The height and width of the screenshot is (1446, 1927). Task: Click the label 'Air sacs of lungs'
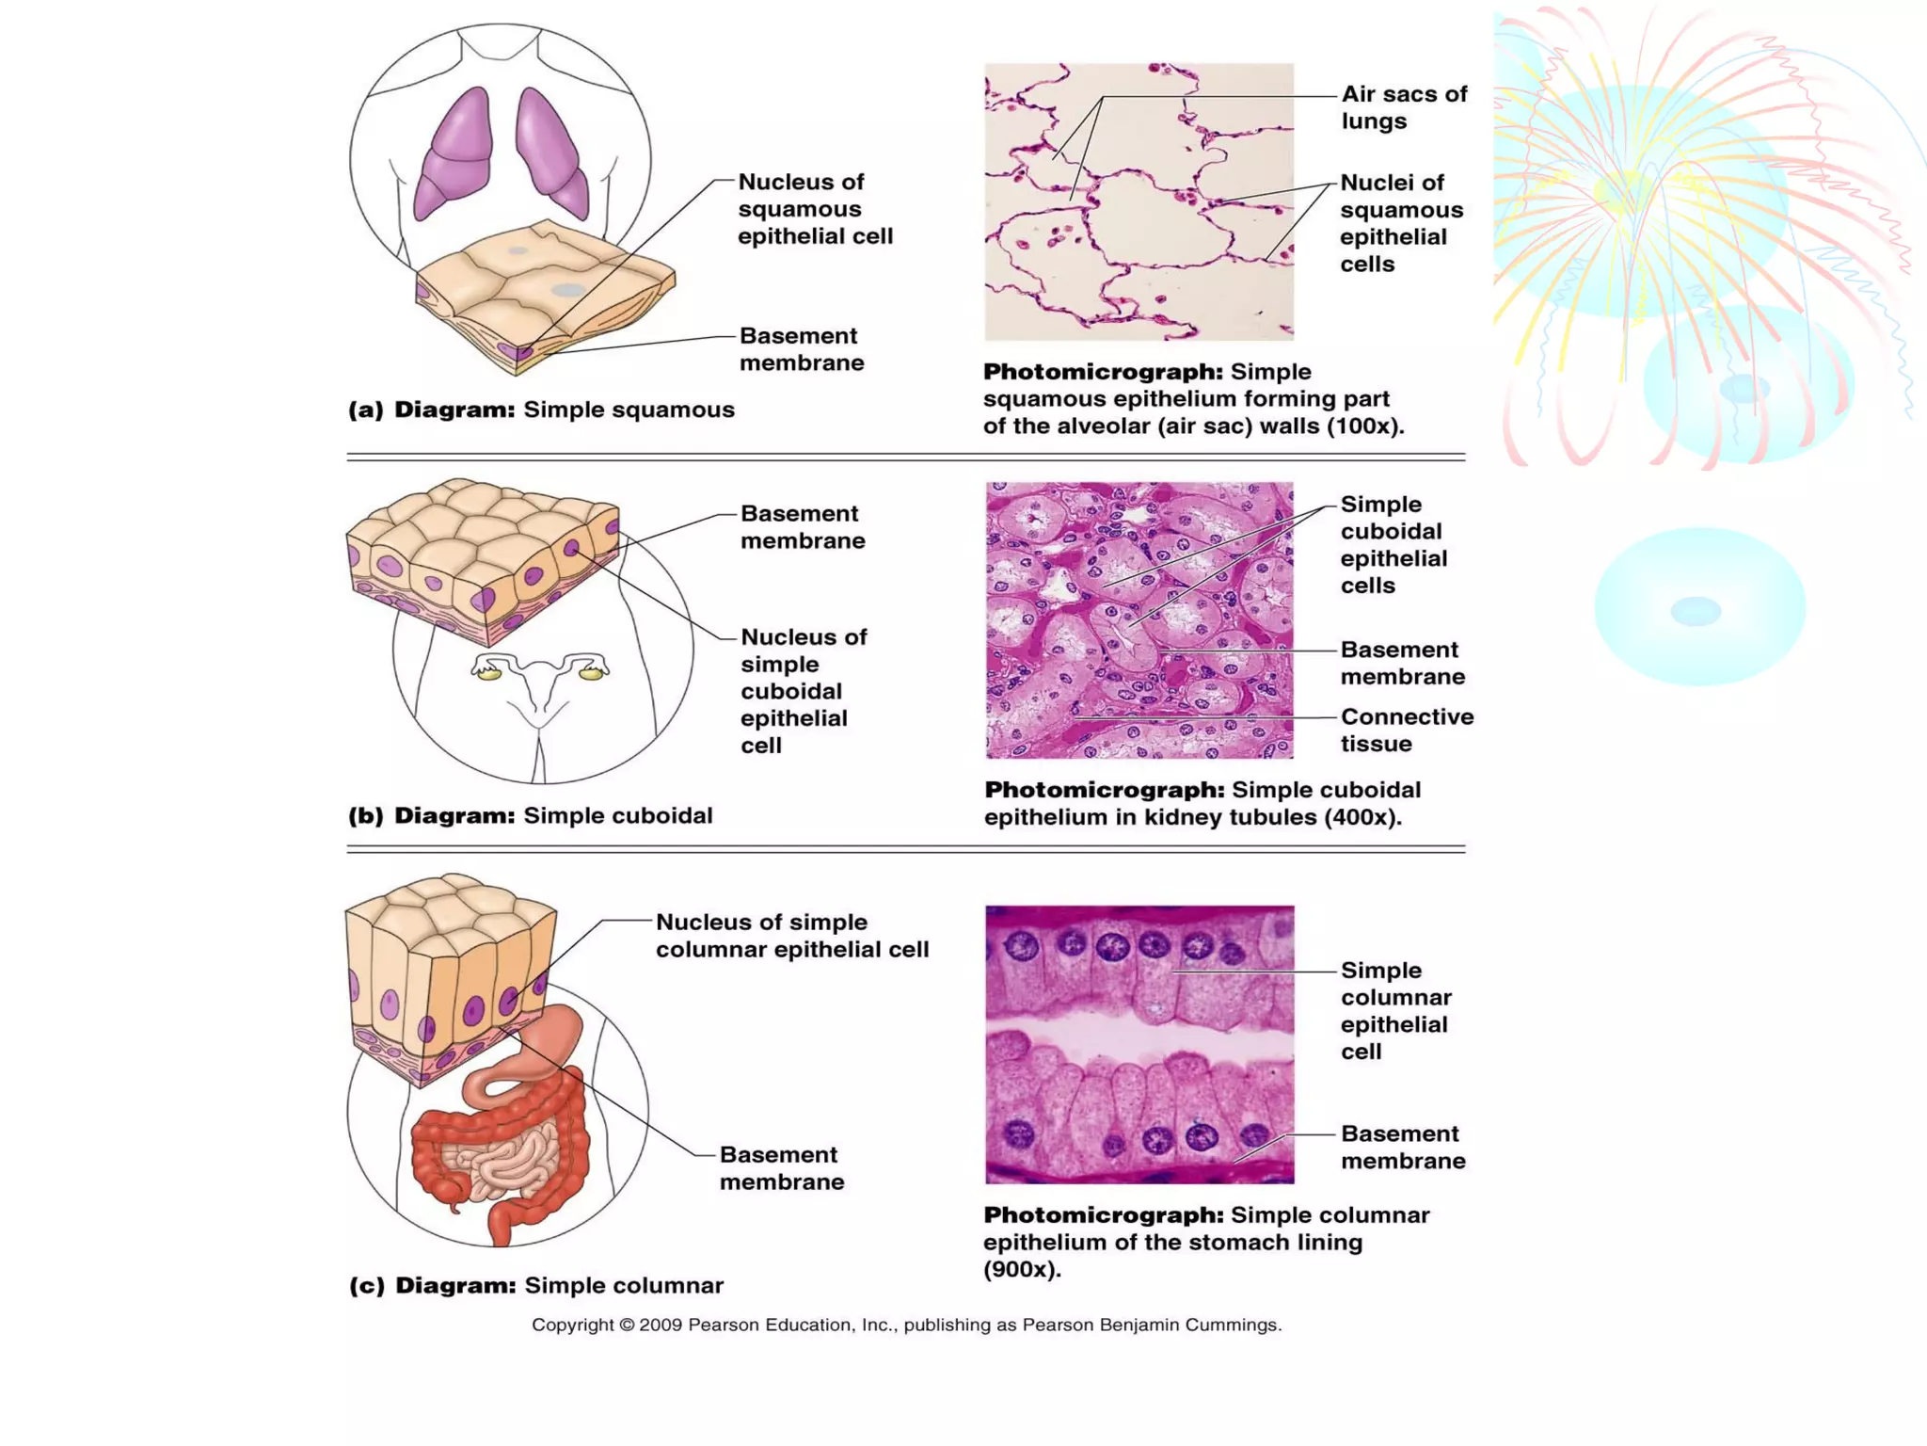click(1403, 107)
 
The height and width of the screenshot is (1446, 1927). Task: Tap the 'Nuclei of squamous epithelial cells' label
click(1401, 223)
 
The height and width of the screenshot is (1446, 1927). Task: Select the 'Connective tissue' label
click(1406, 730)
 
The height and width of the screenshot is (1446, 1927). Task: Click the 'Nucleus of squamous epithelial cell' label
click(815, 209)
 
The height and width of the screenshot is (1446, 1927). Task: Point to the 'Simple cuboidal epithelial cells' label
click(1393, 545)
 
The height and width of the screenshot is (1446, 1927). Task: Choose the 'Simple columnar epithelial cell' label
click(1395, 1010)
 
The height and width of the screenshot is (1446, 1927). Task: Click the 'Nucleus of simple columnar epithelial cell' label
click(791, 936)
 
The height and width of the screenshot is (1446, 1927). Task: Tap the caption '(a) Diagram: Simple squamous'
click(541, 410)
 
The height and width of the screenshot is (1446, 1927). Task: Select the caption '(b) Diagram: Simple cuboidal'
click(530, 815)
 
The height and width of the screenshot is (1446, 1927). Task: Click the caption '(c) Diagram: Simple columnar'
click(535, 1285)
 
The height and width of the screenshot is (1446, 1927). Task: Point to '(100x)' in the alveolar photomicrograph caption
click(1365, 426)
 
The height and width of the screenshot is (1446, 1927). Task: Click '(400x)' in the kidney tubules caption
click(1362, 817)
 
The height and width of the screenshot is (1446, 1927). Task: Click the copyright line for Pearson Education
click(906, 1325)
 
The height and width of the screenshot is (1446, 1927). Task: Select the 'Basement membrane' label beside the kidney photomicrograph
click(1402, 663)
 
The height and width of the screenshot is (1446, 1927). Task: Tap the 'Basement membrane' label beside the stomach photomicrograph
click(1402, 1147)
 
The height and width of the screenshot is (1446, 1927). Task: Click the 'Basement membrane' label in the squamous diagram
click(801, 349)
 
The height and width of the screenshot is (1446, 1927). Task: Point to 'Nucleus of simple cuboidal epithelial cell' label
click(803, 691)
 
